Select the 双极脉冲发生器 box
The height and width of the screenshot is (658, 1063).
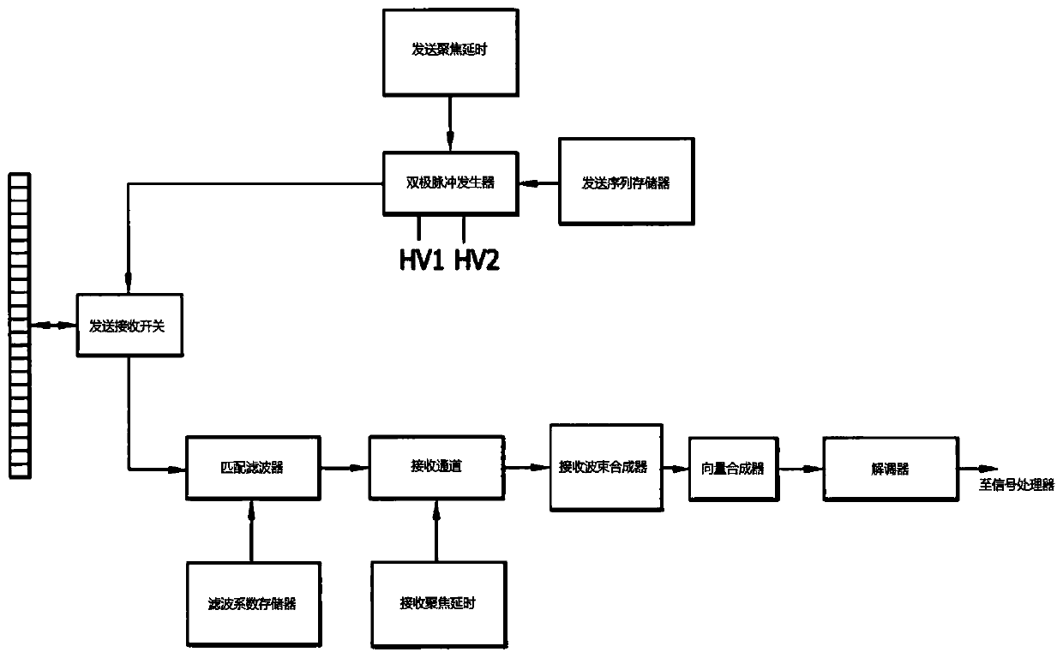451,182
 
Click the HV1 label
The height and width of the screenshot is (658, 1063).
420,259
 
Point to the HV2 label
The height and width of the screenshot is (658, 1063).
476,259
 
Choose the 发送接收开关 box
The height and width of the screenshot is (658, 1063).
129,326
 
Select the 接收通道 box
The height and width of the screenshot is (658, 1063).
436,467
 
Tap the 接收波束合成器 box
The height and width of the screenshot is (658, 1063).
605,467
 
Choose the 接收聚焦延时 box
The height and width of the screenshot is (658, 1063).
436,601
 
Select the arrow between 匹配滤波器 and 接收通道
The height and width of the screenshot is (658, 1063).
345,468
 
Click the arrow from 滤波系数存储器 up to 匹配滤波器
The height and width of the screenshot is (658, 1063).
252,531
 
